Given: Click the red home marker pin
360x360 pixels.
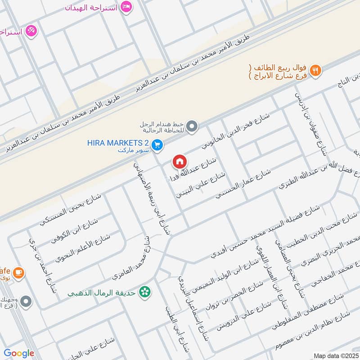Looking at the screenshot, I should click(179, 161).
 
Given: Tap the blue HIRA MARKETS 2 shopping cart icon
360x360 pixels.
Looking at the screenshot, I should click(157, 144).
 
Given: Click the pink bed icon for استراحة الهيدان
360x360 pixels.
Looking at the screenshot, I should click(127, 7).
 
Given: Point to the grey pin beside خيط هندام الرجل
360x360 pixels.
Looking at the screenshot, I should click(193, 126).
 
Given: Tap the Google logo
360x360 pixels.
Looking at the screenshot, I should click(19, 353).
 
